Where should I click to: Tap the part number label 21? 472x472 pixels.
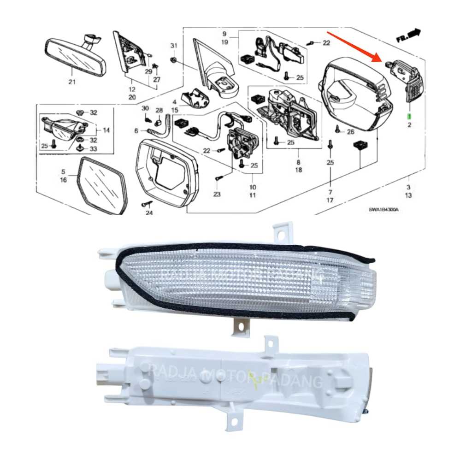71,83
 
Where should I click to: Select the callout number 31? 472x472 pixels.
173,45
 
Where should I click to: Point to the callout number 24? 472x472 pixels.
149,213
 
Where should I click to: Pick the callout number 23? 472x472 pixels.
217,194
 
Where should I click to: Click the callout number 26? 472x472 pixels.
351,132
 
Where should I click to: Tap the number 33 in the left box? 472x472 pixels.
94,148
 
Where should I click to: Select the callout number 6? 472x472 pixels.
136,131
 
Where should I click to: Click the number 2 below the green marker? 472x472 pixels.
409,124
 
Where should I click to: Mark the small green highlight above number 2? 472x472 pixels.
408,115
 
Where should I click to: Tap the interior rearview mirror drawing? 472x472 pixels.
76,56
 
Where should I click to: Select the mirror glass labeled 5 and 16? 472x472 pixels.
103,184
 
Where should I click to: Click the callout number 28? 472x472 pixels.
159,111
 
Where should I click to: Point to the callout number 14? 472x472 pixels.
106,130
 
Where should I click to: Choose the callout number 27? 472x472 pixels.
157,80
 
